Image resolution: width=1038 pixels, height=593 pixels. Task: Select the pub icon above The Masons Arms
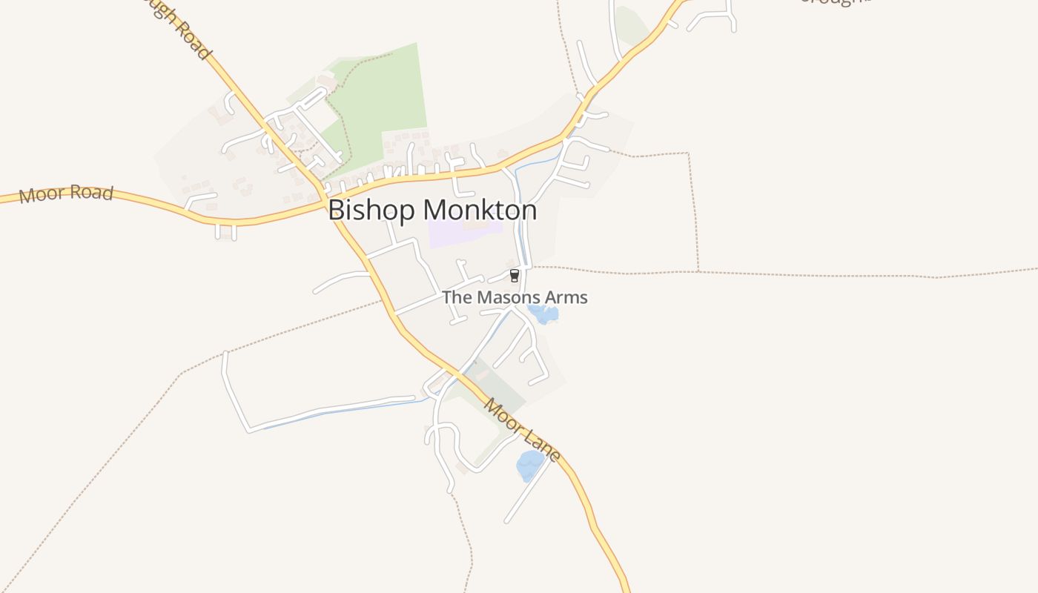[514, 276]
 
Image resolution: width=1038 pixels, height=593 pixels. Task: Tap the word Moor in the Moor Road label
[38, 196]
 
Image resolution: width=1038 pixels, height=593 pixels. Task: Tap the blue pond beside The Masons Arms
[545, 315]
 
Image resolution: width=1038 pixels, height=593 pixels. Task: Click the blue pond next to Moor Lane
[529, 465]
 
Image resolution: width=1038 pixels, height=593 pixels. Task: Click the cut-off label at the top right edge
[834, 2]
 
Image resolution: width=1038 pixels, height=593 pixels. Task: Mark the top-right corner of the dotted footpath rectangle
[689, 154]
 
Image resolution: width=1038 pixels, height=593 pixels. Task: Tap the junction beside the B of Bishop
[324, 200]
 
